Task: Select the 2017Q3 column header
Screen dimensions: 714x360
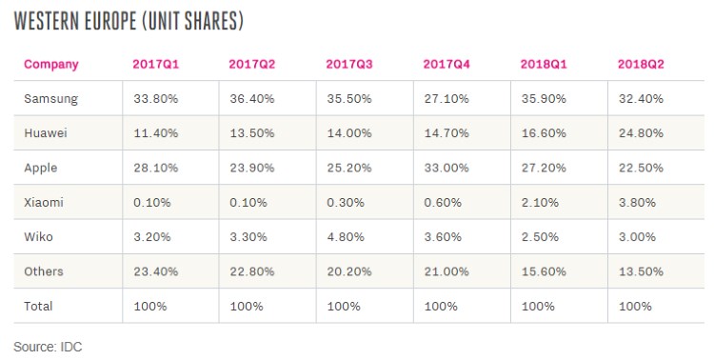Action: click(x=349, y=64)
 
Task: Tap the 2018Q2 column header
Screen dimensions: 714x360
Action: click(x=641, y=64)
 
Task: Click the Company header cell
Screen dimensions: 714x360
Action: click(x=51, y=65)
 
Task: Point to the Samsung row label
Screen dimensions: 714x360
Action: click(x=51, y=99)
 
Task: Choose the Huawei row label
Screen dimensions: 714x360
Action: click(x=46, y=133)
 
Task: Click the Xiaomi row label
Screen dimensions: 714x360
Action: click(x=44, y=202)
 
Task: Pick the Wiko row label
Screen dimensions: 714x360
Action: click(x=38, y=237)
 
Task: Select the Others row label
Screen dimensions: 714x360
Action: click(x=44, y=271)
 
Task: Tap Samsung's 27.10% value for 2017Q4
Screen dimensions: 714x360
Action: click(x=446, y=99)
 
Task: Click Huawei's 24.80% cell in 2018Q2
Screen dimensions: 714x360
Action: click(x=641, y=133)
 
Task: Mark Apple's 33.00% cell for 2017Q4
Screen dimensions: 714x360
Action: click(x=446, y=168)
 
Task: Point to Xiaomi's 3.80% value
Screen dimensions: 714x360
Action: click(x=637, y=202)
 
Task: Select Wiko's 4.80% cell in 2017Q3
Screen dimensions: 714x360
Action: click(x=346, y=237)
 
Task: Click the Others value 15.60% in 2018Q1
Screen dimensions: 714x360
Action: click(x=544, y=271)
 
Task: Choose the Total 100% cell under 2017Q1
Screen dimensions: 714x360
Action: click(x=150, y=307)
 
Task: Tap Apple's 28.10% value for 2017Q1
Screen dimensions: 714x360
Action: click(x=156, y=168)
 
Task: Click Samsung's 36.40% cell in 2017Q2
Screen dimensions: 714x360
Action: click(x=252, y=99)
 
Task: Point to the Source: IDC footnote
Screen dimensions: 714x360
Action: click(x=48, y=347)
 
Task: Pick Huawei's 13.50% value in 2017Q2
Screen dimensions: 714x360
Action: click(x=252, y=133)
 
